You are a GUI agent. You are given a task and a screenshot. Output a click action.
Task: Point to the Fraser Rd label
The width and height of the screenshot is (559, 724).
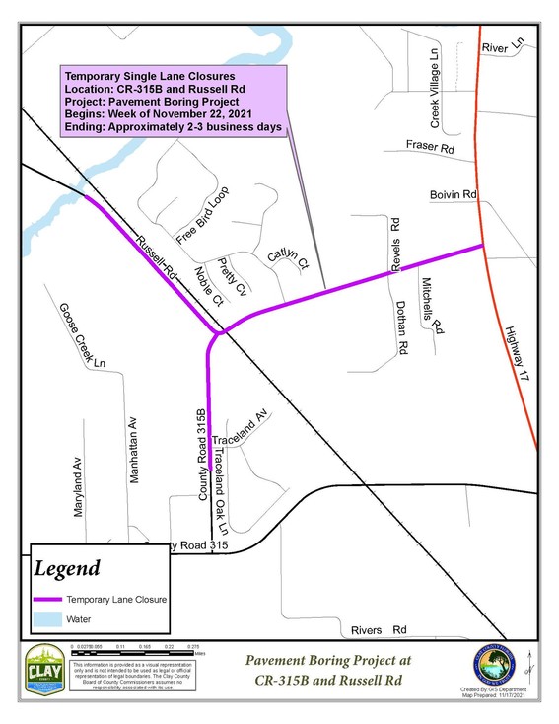[x=430, y=148]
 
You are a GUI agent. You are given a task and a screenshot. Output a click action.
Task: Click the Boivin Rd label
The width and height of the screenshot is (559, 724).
[x=453, y=196]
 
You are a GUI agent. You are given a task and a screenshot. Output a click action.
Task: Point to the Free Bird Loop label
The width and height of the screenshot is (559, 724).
[x=202, y=214]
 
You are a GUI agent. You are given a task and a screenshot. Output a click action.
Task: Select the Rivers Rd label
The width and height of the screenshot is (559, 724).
[x=379, y=628]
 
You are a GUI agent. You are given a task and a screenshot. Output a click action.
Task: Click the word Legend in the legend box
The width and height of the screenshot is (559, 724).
[x=67, y=568]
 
